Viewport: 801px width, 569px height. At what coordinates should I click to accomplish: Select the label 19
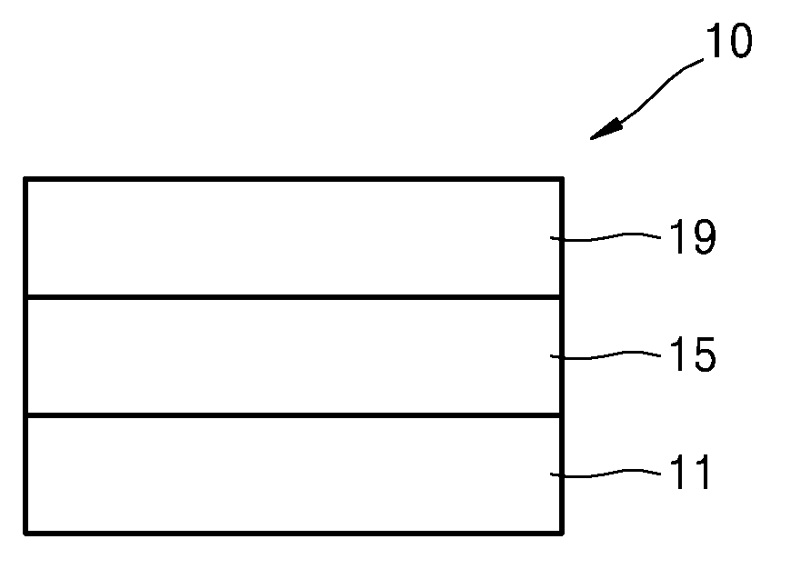click(694, 238)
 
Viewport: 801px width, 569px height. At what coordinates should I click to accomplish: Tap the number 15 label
click(694, 356)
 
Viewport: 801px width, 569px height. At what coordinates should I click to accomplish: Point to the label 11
click(692, 473)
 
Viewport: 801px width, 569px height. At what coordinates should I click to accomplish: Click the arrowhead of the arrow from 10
click(600, 134)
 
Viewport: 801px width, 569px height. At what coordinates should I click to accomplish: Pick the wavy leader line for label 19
click(606, 238)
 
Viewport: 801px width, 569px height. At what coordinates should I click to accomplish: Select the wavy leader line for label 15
click(606, 356)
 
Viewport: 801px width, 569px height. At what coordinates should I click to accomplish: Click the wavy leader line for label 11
click(606, 473)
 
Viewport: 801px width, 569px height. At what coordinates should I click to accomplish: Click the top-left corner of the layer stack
click(25, 180)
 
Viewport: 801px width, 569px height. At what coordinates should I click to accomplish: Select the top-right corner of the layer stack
click(561, 180)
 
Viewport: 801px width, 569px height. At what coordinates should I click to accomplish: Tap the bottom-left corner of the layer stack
click(25, 532)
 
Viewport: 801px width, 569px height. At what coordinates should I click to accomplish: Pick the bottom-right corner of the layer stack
click(561, 532)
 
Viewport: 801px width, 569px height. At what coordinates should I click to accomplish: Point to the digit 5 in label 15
click(703, 356)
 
